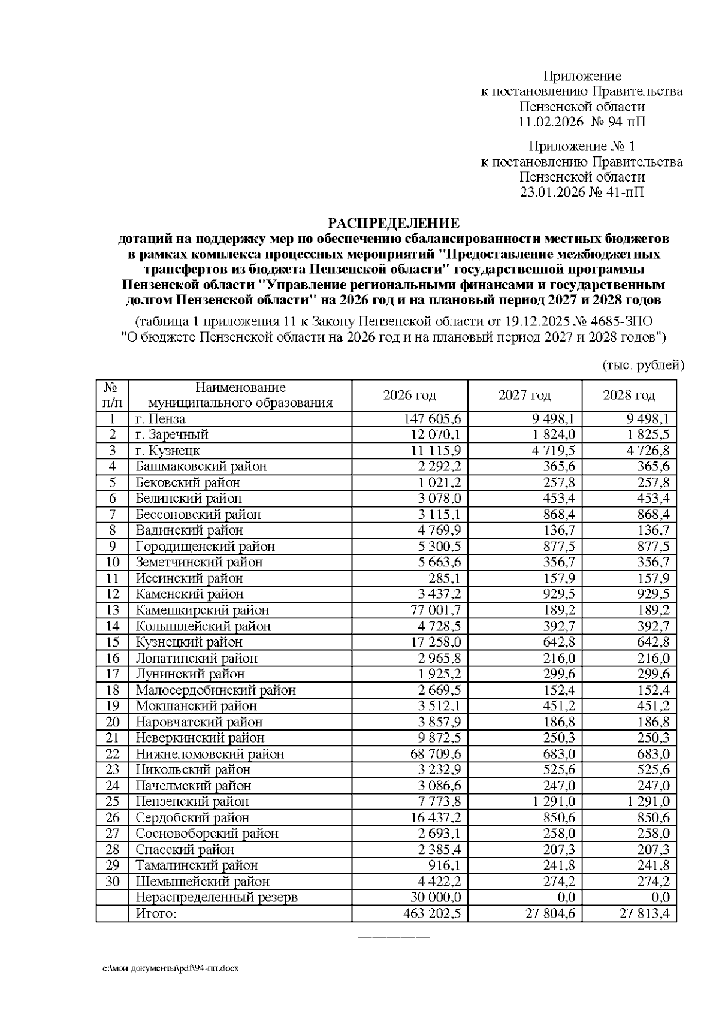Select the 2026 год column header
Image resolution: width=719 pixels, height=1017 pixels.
pos(409,395)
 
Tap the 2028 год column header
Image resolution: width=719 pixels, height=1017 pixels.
pos(629,395)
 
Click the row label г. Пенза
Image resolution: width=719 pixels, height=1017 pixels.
pos(161,419)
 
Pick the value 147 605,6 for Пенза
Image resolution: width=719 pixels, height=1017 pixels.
pos(435,419)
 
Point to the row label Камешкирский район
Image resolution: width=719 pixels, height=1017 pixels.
pos(202,610)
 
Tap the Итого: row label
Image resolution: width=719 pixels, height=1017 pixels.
pos(156,913)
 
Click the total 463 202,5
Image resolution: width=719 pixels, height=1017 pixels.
pos(435,913)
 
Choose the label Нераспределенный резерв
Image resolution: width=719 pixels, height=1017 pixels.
pos(216,897)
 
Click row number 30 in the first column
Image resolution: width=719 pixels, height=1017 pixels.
pos(113,882)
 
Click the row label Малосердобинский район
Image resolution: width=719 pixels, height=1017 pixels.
pos(216,690)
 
